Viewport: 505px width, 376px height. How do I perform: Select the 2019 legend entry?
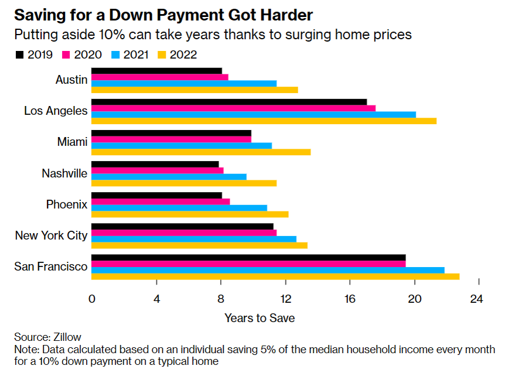34,55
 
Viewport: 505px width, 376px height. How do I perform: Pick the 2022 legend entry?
177,55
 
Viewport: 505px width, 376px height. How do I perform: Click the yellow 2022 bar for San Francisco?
275,277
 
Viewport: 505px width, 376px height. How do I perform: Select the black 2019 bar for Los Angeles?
229,102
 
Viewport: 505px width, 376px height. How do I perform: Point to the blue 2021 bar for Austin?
184,84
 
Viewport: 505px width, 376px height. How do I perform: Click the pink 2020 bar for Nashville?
158,170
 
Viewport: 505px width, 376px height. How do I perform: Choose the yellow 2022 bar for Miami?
201,152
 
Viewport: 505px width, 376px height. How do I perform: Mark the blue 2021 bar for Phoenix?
179,208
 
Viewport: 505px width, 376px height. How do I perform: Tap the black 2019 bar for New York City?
182,226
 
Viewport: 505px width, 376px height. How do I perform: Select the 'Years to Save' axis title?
260,318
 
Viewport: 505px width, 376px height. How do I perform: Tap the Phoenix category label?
67,204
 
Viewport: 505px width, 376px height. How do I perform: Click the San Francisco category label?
51,266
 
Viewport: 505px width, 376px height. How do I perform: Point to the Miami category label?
73,142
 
